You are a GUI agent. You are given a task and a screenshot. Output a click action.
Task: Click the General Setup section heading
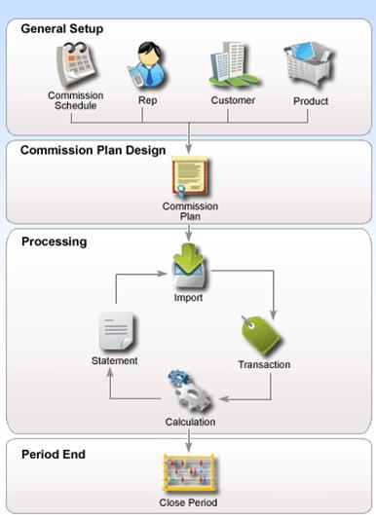62,29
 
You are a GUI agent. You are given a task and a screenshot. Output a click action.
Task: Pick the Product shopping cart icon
311,66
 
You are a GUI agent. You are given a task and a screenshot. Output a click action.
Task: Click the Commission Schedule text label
75,100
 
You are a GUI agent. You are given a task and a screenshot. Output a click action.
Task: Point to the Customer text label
233,100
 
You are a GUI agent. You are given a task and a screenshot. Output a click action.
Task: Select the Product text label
311,100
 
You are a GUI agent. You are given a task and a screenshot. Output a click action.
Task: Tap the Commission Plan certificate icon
190,178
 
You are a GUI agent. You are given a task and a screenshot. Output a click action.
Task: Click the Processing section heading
55,241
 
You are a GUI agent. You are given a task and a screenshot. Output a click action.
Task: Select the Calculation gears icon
190,390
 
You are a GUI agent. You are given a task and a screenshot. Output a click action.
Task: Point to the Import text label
189,298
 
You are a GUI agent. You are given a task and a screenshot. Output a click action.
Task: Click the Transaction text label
264,365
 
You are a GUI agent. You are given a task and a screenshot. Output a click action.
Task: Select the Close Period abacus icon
188,475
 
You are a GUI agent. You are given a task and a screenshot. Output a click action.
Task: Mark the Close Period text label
188,503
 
